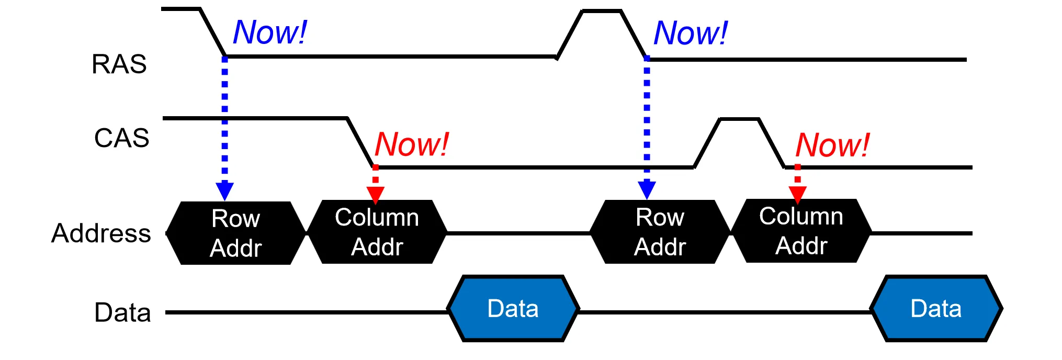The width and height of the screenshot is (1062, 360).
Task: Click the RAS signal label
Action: click(119, 64)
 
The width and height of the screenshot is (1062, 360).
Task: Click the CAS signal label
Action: click(121, 139)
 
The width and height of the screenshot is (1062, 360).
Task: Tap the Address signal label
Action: click(101, 233)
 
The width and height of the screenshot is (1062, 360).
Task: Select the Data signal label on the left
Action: click(122, 313)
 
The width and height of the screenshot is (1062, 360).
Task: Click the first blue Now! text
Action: click(269, 32)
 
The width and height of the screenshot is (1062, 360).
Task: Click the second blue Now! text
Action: click(691, 33)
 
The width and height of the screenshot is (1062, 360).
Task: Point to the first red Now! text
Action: click(412, 144)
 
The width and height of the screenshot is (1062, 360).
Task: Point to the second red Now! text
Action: click(832, 145)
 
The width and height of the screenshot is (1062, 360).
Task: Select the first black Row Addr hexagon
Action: click(235, 233)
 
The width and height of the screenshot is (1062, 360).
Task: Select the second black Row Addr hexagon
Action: click(660, 232)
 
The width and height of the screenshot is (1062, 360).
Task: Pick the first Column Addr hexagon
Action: click(377, 232)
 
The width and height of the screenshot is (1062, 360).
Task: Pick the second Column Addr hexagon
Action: click(801, 231)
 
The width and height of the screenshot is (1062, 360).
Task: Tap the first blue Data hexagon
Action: click(513, 309)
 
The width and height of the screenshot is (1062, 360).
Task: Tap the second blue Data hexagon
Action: click(936, 309)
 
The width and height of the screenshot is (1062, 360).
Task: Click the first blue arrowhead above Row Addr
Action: click(224, 190)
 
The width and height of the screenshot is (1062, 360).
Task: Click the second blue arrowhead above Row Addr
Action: click(647, 189)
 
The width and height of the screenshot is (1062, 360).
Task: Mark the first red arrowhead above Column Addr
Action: click(376, 194)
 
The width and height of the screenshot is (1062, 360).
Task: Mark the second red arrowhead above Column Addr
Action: click(797, 194)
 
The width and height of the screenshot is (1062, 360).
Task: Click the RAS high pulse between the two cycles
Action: click(602, 11)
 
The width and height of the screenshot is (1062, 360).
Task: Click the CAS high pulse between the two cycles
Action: click(739, 120)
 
